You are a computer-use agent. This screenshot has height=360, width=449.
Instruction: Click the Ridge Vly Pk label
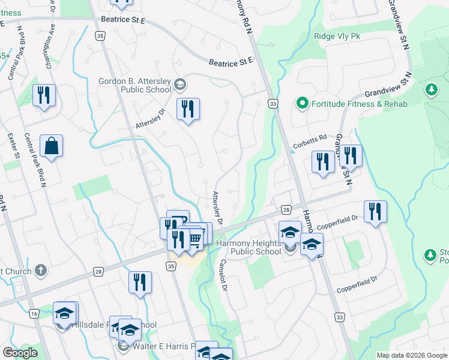click(x=337, y=36)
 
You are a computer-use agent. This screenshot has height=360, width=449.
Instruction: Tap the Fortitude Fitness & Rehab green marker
click(x=303, y=104)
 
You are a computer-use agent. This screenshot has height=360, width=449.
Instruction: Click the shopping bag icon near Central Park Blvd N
click(x=52, y=145)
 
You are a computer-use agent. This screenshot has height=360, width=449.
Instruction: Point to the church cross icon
click(x=40, y=271)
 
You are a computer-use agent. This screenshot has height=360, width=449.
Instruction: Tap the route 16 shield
click(x=34, y=313)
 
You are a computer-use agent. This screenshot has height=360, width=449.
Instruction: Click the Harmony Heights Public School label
click(x=248, y=247)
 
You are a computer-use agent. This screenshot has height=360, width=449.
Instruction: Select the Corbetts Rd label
click(x=310, y=142)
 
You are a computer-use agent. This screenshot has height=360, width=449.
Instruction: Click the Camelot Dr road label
click(x=222, y=275)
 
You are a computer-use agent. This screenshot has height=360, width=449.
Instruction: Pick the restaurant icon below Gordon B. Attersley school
click(x=188, y=109)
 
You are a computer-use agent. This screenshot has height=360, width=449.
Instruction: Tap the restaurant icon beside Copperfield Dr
click(x=375, y=211)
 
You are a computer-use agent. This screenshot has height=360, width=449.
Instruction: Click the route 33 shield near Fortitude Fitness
click(x=273, y=104)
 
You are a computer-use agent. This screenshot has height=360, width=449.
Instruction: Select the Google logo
click(x=20, y=353)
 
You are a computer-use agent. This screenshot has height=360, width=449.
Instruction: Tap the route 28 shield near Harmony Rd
click(x=286, y=209)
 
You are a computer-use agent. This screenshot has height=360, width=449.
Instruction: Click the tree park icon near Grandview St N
click(x=430, y=90)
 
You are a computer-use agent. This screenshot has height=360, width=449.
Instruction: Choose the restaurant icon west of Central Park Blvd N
click(x=44, y=95)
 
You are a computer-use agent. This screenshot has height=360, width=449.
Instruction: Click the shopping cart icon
click(x=196, y=238)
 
